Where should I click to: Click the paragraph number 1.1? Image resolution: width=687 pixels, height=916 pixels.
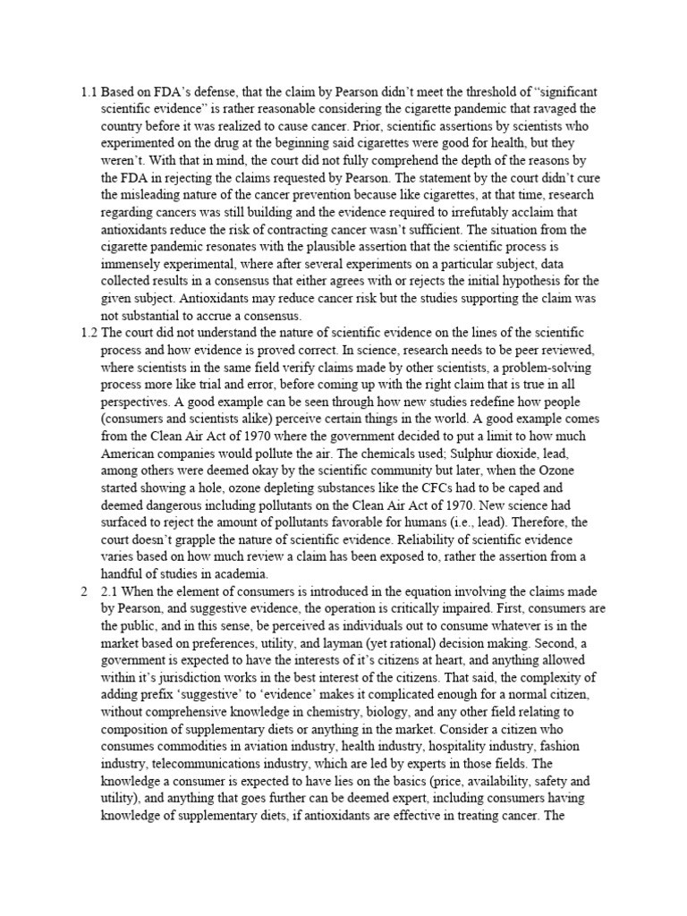pyautogui.click(x=88, y=92)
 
